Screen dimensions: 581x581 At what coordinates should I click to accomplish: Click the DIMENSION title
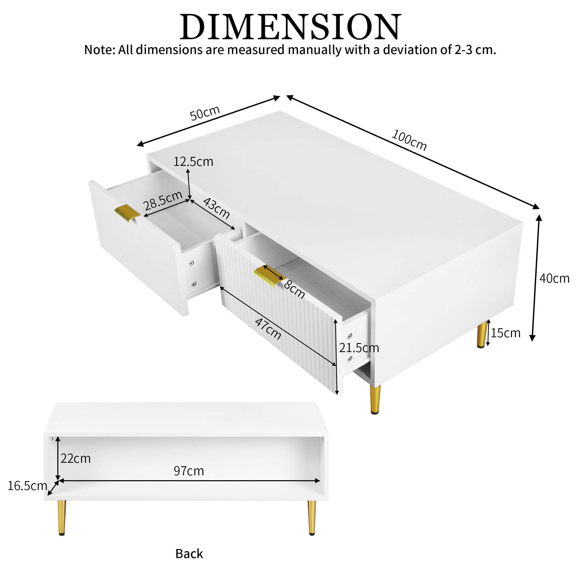click(290, 27)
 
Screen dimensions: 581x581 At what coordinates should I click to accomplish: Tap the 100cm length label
click(409, 140)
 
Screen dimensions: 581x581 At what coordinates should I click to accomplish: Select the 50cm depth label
click(205, 113)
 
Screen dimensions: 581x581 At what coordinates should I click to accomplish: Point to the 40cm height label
click(554, 279)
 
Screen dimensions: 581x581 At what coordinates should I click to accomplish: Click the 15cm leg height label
click(505, 333)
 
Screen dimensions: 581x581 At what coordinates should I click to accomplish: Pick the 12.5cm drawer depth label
click(193, 162)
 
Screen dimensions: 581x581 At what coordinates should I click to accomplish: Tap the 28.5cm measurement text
click(163, 200)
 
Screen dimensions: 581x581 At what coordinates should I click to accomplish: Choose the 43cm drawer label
click(216, 208)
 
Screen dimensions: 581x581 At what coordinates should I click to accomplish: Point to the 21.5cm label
click(359, 348)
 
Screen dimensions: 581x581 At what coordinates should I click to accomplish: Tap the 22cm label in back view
click(76, 459)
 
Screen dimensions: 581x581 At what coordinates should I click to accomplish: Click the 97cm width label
click(189, 471)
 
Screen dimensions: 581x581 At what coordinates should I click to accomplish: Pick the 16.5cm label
click(27, 486)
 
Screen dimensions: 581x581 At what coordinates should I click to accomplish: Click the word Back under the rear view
click(189, 554)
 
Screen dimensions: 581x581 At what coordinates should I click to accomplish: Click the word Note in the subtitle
click(99, 50)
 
